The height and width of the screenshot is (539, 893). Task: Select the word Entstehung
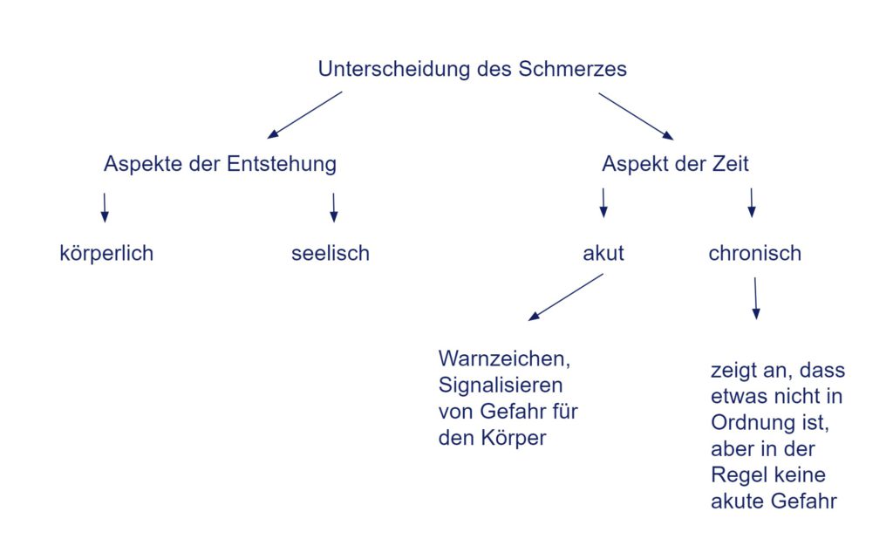(x=282, y=164)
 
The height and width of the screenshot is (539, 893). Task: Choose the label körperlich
(x=106, y=253)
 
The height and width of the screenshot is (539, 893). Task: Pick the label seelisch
(x=331, y=253)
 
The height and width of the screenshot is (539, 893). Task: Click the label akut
(x=603, y=253)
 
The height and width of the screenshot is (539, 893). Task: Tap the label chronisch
(x=754, y=253)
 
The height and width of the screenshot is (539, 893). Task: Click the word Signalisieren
(x=501, y=385)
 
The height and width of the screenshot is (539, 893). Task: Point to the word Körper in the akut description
(x=513, y=438)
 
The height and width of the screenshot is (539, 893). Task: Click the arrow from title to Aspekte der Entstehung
(x=304, y=115)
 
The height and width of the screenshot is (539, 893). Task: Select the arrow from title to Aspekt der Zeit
(x=636, y=116)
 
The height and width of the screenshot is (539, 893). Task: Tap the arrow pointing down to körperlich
(x=105, y=208)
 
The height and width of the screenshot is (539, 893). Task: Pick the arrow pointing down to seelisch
(x=334, y=208)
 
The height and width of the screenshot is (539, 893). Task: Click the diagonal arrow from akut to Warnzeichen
(x=565, y=297)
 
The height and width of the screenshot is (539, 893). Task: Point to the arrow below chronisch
(x=756, y=298)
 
